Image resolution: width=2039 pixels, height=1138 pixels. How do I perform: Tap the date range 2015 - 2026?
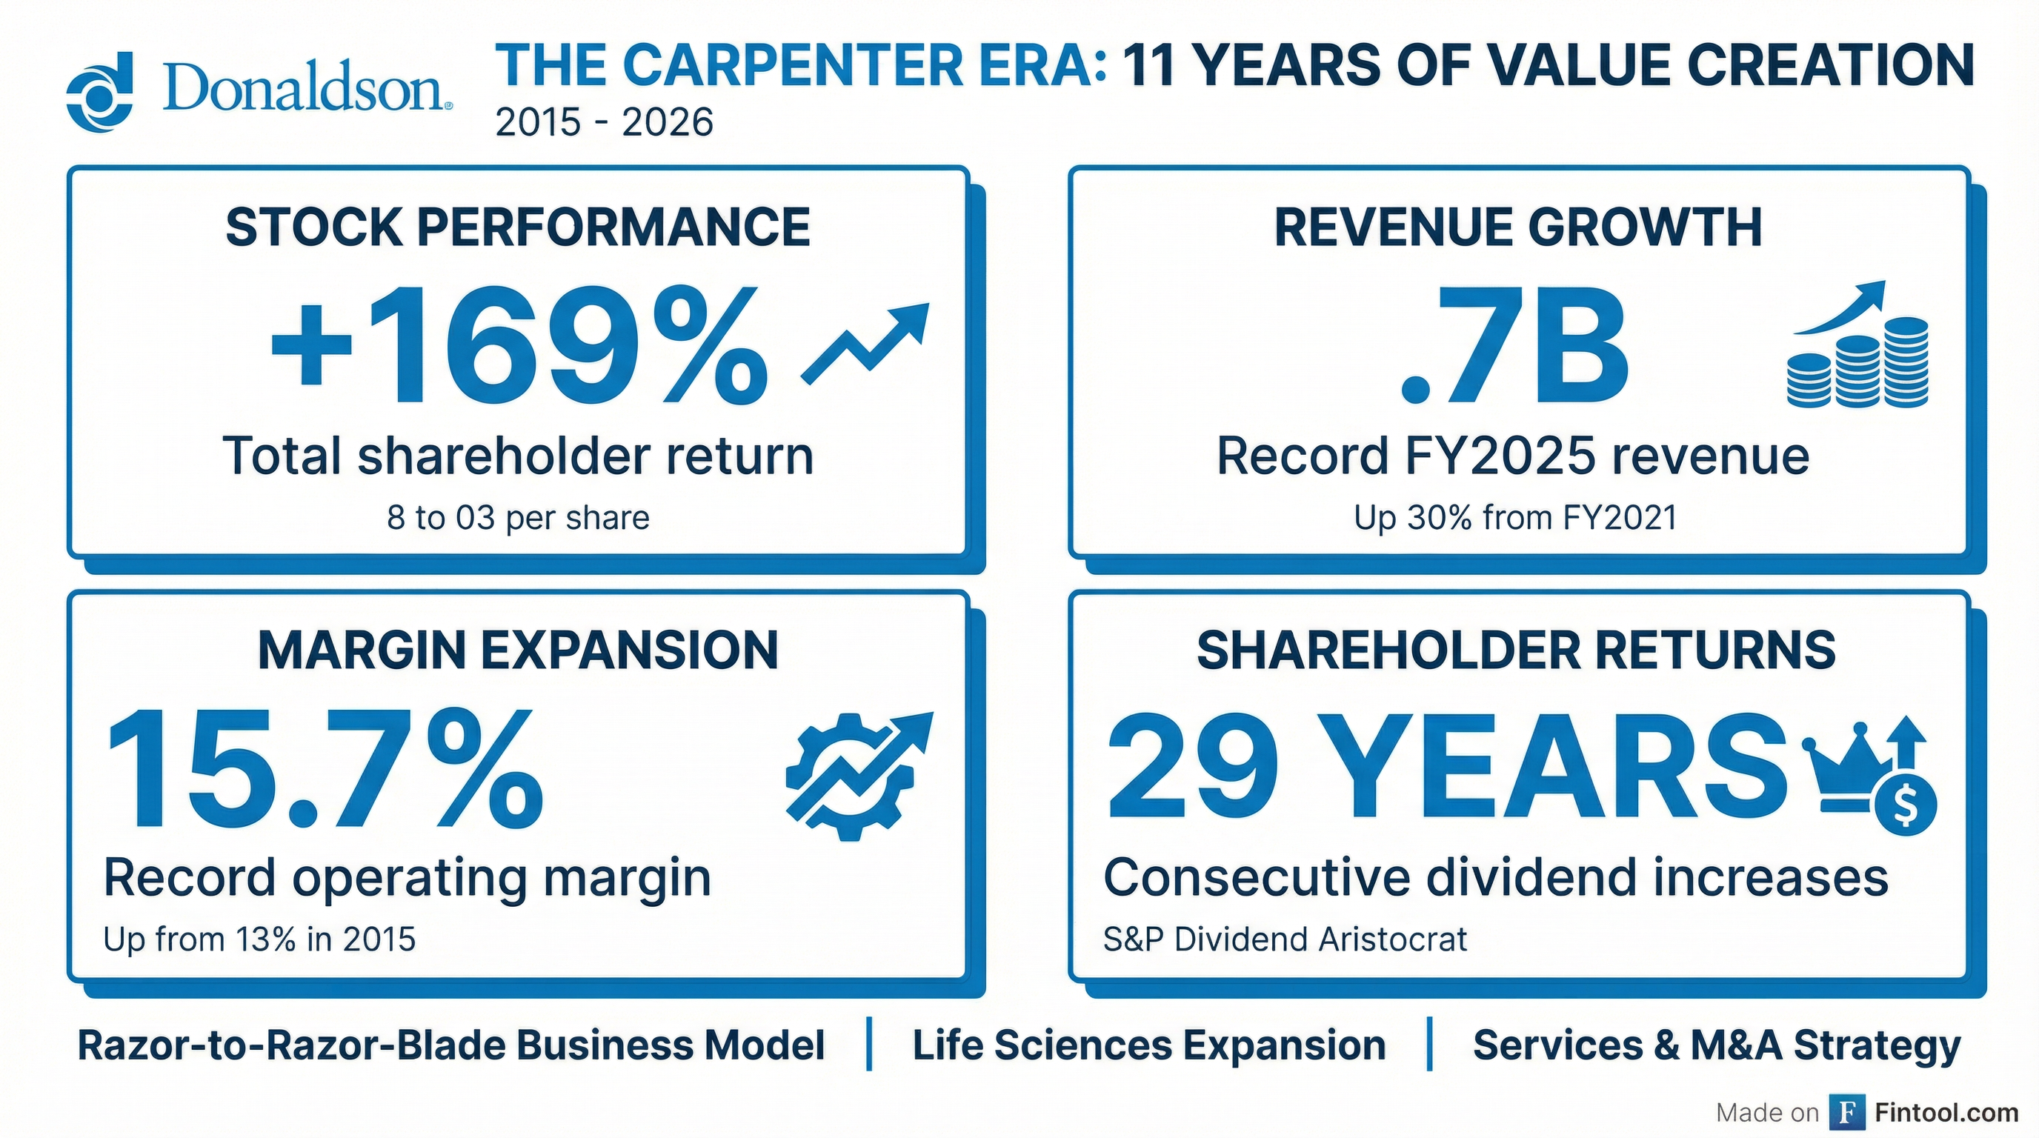[604, 123]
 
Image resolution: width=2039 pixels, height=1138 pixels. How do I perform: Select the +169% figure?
[519, 346]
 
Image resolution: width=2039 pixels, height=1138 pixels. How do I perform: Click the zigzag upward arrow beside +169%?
[865, 345]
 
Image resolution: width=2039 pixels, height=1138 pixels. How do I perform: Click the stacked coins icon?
[1857, 362]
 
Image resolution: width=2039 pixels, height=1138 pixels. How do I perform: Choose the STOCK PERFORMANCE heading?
[518, 227]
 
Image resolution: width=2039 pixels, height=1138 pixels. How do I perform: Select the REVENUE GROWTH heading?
[1517, 227]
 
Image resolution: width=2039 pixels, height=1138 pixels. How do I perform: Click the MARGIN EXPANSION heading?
[518, 650]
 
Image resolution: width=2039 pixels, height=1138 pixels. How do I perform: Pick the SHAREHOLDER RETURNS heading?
[1516, 650]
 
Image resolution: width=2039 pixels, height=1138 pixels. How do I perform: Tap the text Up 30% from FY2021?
[1515, 518]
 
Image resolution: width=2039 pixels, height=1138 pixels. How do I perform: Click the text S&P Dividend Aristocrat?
[1285, 939]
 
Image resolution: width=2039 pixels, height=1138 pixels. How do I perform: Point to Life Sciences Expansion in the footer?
[1148, 1045]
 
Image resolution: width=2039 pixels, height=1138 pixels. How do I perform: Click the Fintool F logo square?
[1847, 1113]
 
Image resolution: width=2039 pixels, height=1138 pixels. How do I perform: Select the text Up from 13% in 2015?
[259, 939]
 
